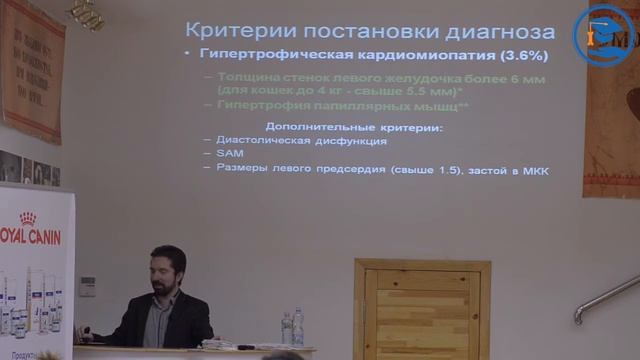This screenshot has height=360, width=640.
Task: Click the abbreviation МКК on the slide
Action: coord(536,169)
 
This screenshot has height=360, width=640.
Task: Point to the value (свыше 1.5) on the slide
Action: coord(423,169)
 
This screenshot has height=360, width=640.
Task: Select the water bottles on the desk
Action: coord(292,327)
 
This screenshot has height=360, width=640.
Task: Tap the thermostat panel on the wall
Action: coord(87,286)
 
